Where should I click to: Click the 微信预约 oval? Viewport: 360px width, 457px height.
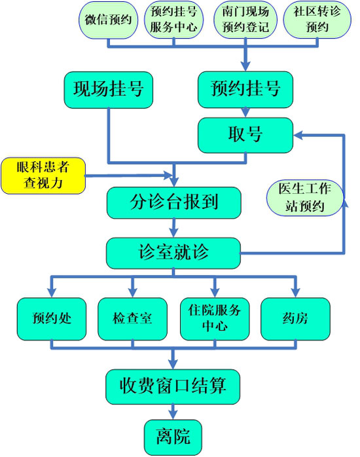(109, 20)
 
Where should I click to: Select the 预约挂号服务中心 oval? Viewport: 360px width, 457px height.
(174, 20)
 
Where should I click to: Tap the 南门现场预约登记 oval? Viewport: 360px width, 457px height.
(245, 20)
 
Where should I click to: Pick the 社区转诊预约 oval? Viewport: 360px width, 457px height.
(317, 20)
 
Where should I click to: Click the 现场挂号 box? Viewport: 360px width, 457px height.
(109, 90)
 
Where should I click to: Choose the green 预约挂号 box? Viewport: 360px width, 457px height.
(245, 90)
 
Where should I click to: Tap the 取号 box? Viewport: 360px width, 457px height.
(245, 136)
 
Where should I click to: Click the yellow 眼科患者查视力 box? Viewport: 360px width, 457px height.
(43, 175)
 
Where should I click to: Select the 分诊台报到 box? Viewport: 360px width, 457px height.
(174, 203)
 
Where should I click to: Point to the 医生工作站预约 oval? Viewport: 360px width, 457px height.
(305, 198)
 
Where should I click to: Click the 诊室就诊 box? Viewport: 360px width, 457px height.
(173, 253)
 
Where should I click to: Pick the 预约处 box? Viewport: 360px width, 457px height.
(52, 319)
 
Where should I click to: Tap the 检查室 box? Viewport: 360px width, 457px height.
(132, 319)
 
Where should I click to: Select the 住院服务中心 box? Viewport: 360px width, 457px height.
(215, 319)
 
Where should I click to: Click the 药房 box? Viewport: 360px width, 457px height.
(295, 319)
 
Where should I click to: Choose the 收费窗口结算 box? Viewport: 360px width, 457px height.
(173, 387)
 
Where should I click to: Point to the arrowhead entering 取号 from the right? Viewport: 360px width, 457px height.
(298, 136)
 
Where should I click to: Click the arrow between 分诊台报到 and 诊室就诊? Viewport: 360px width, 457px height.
(174, 228)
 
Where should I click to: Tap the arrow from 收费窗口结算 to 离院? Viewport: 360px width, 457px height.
(173, 412)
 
